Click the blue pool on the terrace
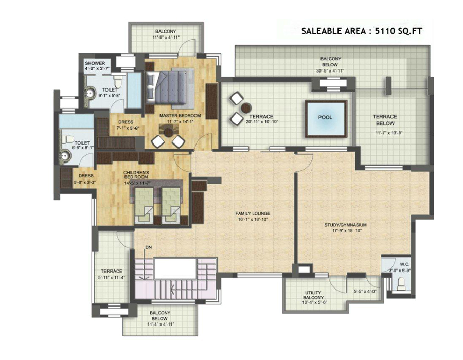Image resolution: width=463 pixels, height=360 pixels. pos(326,119)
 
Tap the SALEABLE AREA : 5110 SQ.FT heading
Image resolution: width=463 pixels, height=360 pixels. pos(362,31)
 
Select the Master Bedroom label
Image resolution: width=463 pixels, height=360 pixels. pos(180,116)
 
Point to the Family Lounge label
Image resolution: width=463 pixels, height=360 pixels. pos(253,213)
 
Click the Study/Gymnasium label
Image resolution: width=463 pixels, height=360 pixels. pos(346,225)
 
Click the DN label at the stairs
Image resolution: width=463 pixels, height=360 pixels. pos(149,247)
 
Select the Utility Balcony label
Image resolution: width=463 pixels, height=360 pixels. pos(313,295)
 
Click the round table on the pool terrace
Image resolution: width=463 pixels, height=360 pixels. pos(246,108)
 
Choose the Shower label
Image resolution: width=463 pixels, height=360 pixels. pos(95,63)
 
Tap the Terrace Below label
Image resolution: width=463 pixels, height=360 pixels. pos(385,120)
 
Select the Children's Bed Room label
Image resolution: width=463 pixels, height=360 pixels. pos(136,175)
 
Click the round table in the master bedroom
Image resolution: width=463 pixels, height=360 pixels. pos(169,132)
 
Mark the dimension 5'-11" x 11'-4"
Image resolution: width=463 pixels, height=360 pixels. pos(112,277)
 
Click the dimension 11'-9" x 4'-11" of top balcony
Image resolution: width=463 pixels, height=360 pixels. pos(166,38)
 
